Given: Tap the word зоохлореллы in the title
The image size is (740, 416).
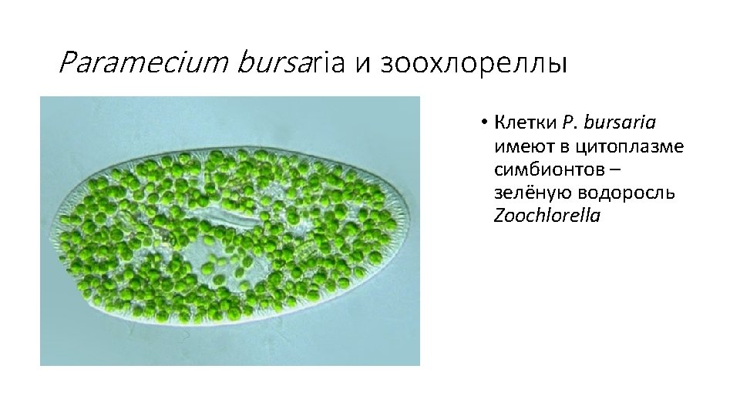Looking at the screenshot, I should click(x=471, y=63).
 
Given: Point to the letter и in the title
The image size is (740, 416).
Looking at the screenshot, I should click(x=362, y=64).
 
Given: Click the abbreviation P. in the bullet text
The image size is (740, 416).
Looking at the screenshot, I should click(x=571, y=122).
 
